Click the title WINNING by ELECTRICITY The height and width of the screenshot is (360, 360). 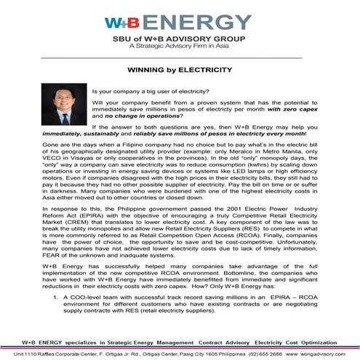click(180, 71)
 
